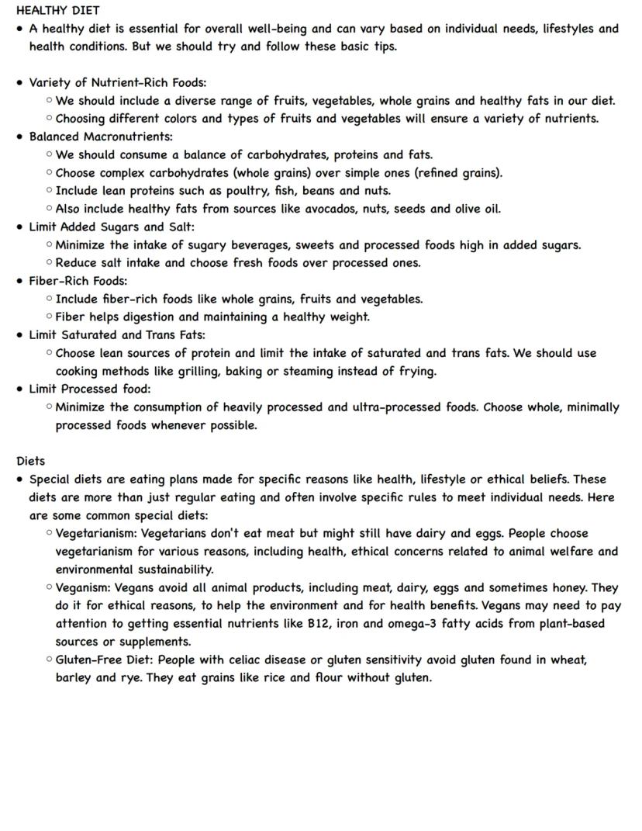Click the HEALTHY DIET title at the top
[x=57, y=11]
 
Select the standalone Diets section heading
[x=30, y=461]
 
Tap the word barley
[x=74, y=678]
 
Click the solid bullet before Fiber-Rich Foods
[x=19, y=281]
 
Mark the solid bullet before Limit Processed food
[x=19, y=390]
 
